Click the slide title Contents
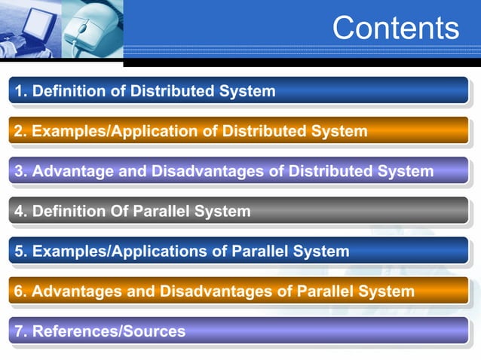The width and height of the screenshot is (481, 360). pos(395,28)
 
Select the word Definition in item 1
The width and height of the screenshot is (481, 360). pos(68,92)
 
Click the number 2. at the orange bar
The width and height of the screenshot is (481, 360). pos(20,132)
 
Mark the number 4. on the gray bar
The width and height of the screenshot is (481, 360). pos(20,212)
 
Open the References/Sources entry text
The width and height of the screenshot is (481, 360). pos(109,331)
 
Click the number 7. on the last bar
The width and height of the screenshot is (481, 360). pos(20,331)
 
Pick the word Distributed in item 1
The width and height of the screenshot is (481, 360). pos(173,92)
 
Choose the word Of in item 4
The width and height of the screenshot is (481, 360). pos(118,212)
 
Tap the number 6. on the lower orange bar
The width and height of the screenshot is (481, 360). pos(20,291)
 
